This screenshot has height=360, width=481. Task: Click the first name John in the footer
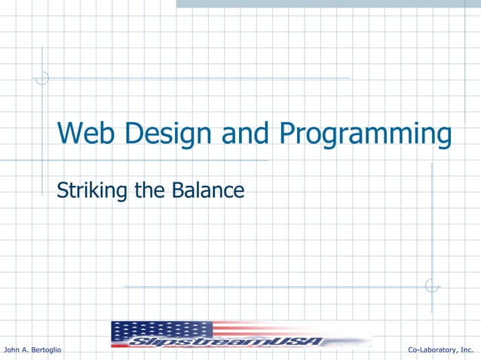(13, 350)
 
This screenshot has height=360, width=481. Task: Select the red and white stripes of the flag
(286, 328)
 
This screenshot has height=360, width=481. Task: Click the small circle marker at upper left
(42, 78)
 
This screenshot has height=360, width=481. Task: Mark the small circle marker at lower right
(431, 286)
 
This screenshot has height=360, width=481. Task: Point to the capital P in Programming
(288, 136)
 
